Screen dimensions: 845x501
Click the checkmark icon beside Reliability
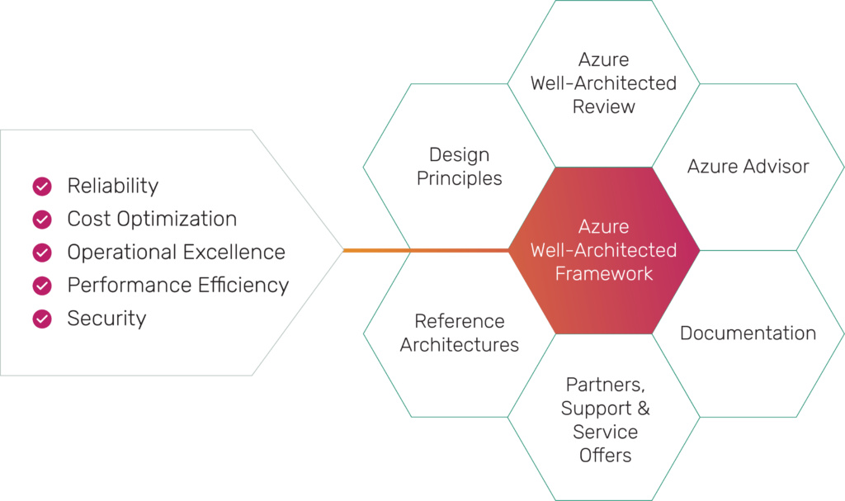(x=42, y=186)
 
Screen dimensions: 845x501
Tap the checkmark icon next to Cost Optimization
(x=42, y=220)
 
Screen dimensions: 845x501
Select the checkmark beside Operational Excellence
(x=42, y=253)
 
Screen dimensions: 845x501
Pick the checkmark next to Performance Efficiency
(x=42, y=286)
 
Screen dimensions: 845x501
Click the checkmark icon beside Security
(x=42, y=319)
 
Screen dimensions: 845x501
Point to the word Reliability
(x=112, y=186)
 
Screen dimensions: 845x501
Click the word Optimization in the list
(x=177, y=220)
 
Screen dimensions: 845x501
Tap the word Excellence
(x=234, y=252)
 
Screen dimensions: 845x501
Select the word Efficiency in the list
(x=243, y=286)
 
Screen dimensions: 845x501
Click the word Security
(x=106, y=319)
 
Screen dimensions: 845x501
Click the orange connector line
(x=427, y=250)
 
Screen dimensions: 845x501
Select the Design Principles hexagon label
(x=459, y=166)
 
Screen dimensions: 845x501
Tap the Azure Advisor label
(x=748, y=166)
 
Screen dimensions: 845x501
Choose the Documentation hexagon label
(x=748, y=333)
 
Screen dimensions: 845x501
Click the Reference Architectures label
(x=459, y=333)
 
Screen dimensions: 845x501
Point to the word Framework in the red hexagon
(x=603, y=273)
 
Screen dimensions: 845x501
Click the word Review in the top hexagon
(x=603, y=106)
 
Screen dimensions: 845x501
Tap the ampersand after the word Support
(x=644, y=408)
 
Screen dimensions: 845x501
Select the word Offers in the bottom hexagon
(x=605, y=455)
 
